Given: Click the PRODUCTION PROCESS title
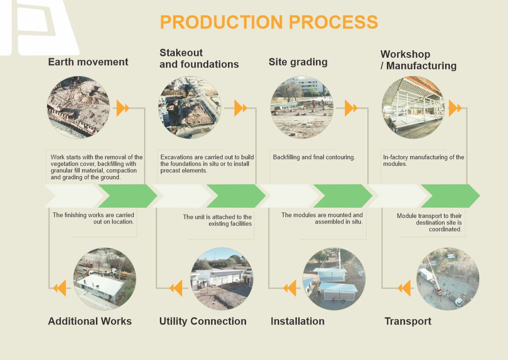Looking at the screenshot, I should click(x=268, y=22).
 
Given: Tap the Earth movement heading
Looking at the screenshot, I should click(x=88, y=62).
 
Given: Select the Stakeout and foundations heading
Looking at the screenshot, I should click(x=199, y=59).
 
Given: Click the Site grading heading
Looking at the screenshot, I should click(x=298, y=62).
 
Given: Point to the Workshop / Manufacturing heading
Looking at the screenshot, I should click(x=418, y=60).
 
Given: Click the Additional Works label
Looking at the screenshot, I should click(x=90, y=321).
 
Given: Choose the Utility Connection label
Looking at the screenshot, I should click(x=203, y=321).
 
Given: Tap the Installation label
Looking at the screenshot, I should click(x=297, y=321).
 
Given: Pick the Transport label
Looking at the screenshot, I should click(x=408, y=321).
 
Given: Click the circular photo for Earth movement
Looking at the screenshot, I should click(x=79, y=108).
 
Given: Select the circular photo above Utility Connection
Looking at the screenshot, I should click(x=222, y=279).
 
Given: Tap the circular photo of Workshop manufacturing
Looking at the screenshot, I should click(x=413, y=108).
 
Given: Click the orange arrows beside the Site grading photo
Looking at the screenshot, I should click(x=351, y=109).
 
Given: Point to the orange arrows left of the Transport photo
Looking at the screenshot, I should click(x=404, y=288).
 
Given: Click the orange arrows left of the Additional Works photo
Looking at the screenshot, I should click(x=59, y=288).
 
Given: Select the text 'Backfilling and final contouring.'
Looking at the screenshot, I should click(x=314, y=157).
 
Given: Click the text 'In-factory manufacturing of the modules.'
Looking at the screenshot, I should click(x=423, y=161).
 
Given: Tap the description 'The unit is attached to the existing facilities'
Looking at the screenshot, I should click(x=217, y=220).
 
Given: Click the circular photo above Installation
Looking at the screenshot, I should click(x=334, y=279).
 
